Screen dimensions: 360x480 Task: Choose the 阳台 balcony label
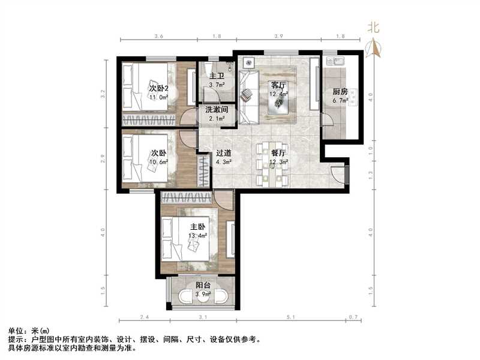[203, 286]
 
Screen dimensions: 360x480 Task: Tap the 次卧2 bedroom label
[160, 89]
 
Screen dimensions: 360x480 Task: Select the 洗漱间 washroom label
[216, 110]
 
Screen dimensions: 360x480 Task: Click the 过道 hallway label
[224, 152]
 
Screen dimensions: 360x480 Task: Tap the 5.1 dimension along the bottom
[290, 318]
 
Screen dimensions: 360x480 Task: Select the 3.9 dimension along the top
[278, 37]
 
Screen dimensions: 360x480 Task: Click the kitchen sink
[334, 61]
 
